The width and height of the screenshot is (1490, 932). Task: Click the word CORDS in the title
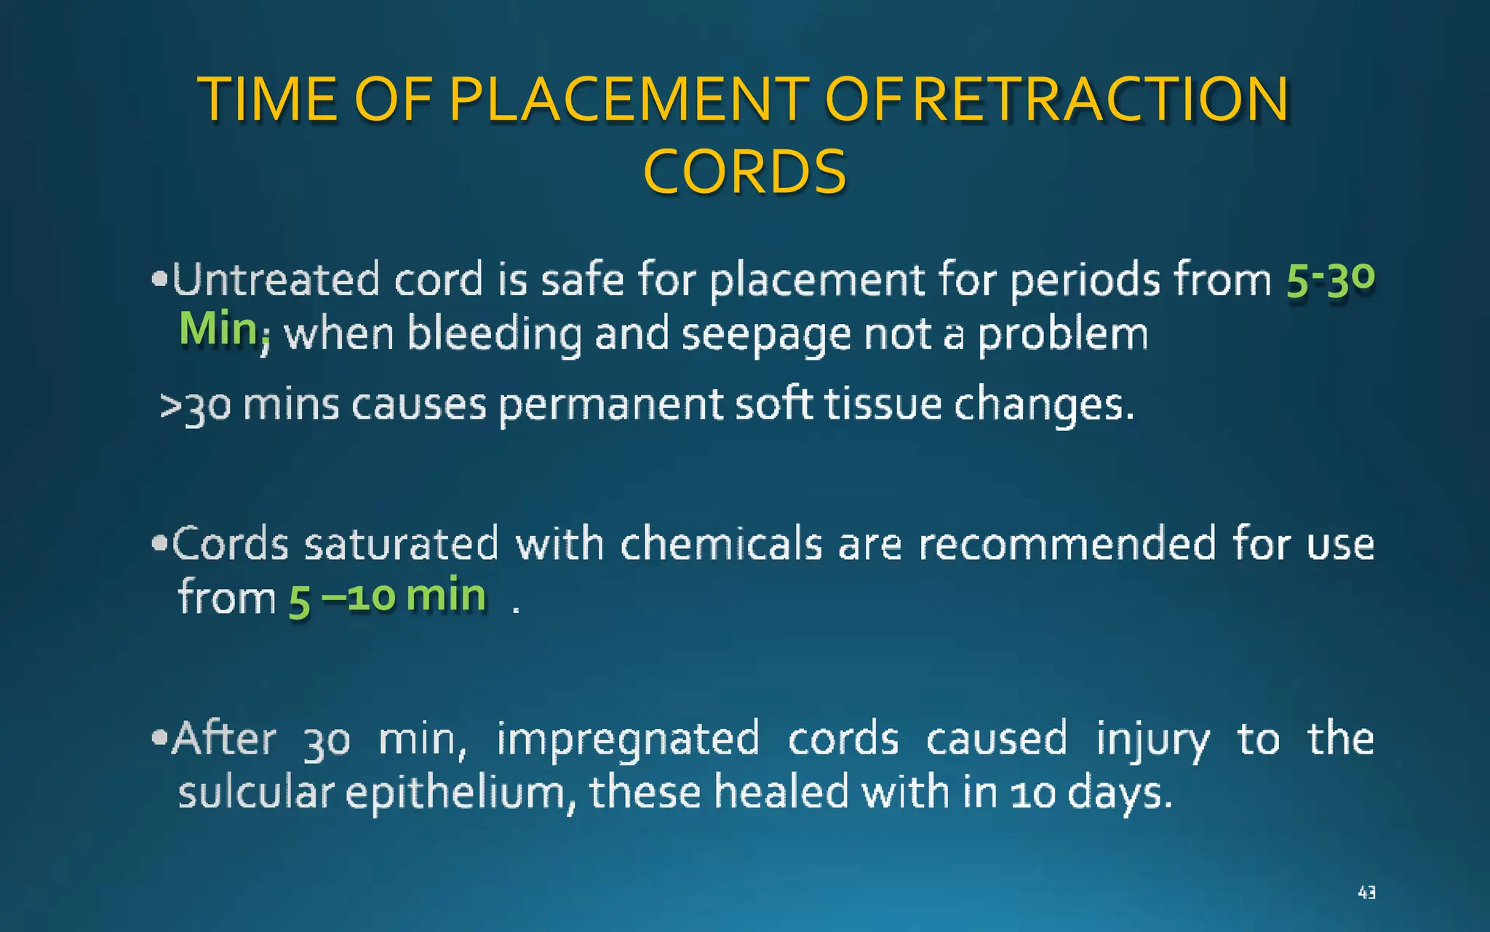(745, 172)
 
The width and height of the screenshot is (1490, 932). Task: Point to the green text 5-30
(1330, 280)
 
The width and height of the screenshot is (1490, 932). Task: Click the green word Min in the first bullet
(218, 329)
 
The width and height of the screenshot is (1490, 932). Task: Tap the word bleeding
(495, 335)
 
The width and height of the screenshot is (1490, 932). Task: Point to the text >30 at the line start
(195, 406)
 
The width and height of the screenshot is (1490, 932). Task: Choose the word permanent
(610, 406)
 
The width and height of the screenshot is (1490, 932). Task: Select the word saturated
(401, 545)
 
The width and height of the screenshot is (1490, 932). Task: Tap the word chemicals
(721, 545)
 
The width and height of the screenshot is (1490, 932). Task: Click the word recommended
(1067, 545)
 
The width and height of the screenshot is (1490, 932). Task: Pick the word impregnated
(628, 740)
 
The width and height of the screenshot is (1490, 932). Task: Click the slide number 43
(1366, 892)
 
